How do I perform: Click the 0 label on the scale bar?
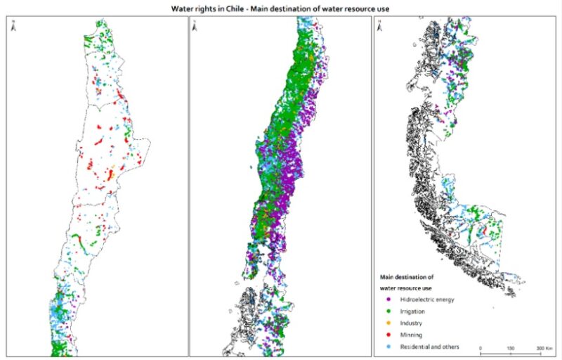[x=481, y=348]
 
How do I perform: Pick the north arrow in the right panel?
[x=379, y=26]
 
